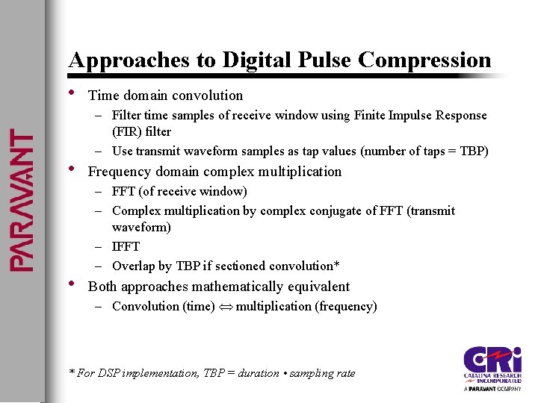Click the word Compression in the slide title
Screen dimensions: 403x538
click(424, 60)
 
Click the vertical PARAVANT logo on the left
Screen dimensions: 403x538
click(21, 201)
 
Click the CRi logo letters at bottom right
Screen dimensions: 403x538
click(490, 360)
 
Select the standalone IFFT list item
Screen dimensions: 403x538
click(126, 246)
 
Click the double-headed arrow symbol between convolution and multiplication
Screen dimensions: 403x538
click(225, 307)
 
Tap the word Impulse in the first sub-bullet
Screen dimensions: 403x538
click(391, 115)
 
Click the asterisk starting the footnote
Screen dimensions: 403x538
click(72, 372)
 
